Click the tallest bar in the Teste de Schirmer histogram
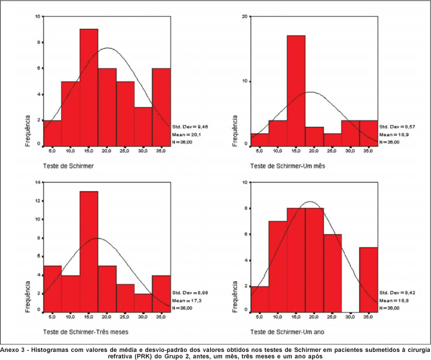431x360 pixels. pyautogui.click(x=89, y=86)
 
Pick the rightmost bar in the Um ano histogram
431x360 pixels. pyautogui.click(x=369, y=279)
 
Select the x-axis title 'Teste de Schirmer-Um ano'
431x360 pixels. pyautogui.click(x=284, y=332)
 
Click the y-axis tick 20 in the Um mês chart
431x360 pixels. pyautogui.click(x=244, y=17)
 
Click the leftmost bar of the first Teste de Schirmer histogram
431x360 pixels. pyautogui.click(x=52, y=132)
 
